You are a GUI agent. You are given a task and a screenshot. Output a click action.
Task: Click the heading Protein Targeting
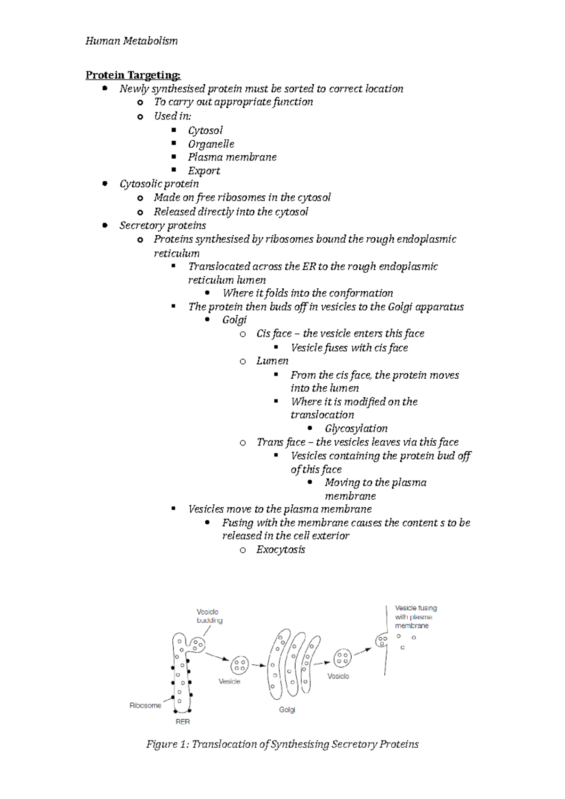[x=133, y=75]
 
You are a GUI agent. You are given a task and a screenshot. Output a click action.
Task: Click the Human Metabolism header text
[x=131, y=41]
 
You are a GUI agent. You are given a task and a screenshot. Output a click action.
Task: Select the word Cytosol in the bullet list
[x=205, y=130]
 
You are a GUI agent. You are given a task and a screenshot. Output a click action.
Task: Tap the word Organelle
[x=211, y=144]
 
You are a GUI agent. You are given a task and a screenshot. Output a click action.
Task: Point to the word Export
[x=204, y=171]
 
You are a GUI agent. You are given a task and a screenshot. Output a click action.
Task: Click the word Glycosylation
[x=356, y=429]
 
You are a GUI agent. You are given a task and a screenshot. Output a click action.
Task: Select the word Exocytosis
[x=281, y=550]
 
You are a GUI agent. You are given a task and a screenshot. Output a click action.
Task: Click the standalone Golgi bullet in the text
[x=234, y=320]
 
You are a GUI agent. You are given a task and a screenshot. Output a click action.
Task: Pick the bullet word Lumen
[x=272, y=361]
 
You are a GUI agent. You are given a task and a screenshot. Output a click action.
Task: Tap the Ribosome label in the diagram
[x=145, y=705]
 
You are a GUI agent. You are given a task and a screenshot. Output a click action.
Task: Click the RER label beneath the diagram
[x=183, y=721]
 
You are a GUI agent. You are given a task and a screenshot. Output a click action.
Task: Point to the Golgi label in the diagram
[x=287, y=710]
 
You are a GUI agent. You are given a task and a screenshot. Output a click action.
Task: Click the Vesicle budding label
[x=209, y=616]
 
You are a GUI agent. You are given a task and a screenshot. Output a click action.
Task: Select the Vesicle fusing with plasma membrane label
[x=415, y=616]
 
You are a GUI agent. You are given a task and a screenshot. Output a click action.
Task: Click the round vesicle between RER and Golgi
[x=240, y=664]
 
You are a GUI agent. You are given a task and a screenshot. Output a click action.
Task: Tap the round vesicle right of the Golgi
[x=342, y=658]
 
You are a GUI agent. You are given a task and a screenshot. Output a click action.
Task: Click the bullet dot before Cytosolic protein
[x=105, y=184]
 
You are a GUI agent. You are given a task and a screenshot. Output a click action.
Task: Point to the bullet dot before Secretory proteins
[x=105, y=226]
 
